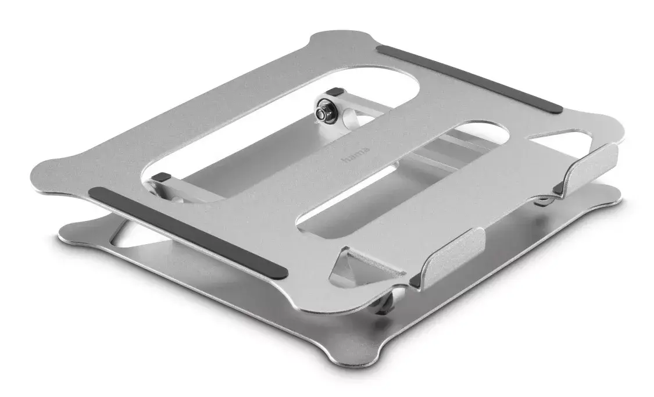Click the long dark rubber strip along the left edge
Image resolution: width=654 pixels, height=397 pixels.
188,233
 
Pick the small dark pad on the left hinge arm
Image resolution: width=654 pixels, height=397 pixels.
160,177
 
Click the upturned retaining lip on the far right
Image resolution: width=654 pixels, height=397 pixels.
586,169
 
